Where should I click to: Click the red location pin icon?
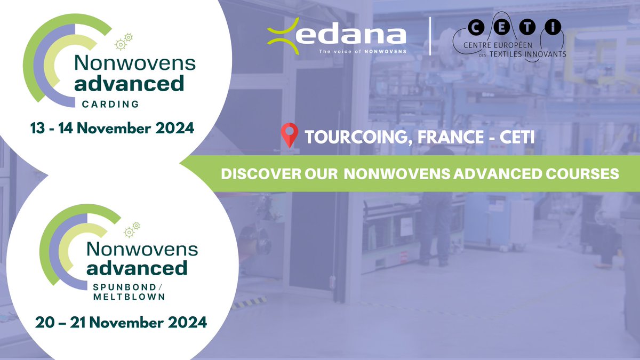(x=290, y=135)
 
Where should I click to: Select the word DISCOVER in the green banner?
(x=252, y=174)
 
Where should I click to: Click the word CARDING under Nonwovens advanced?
(x=110, y=104)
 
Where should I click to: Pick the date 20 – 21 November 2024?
(x=121, y=323)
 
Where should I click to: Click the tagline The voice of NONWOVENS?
(x=363, y=52)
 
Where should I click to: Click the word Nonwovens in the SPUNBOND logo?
(x=142, y=248)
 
